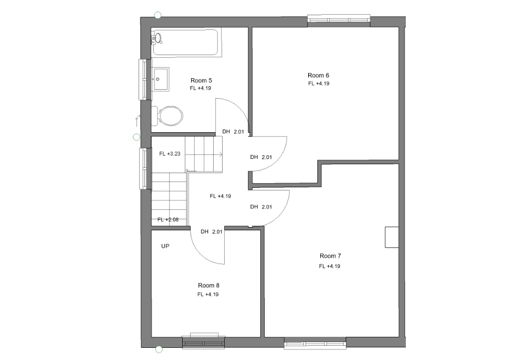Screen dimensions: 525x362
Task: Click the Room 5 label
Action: [x=201, y=80]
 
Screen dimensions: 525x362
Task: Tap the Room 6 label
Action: [x=319, y=75]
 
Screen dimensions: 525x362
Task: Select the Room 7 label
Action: [x=330, y=256]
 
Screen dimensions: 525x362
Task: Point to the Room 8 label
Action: [x=208, y=285]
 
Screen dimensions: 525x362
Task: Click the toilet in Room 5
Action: [x=167, y=116]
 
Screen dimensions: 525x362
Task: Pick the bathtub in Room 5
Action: [x=186, y=42]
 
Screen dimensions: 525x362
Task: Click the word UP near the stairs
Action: [x=165, y=246]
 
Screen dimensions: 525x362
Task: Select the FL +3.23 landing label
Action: [x=170, y=154]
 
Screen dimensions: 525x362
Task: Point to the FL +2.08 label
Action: [x=168, y=220]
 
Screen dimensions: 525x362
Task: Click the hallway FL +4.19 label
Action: [x=220, y=196]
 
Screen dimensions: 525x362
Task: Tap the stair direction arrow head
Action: [x=221, y=154]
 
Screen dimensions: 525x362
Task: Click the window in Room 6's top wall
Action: [x=339, y=20]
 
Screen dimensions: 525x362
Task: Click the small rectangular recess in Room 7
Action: [x=392, y=237]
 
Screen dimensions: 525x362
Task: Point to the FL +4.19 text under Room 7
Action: [x=330, y=267]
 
